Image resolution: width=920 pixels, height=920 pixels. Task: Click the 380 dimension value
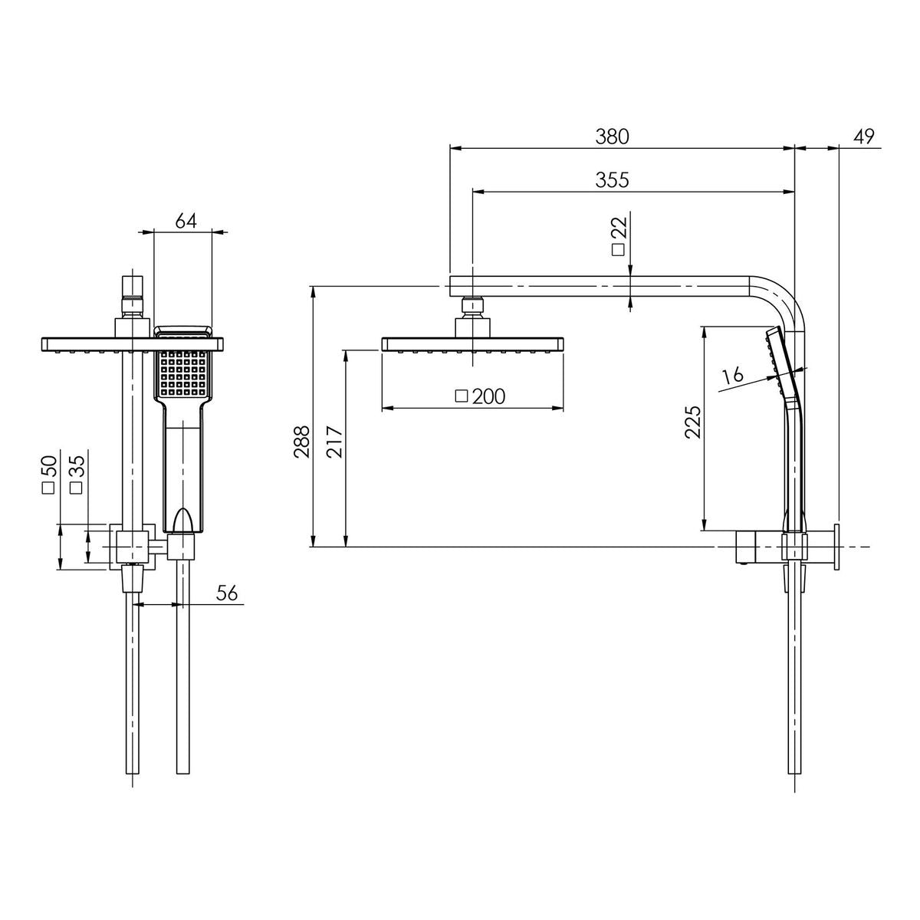(x=612, y=136)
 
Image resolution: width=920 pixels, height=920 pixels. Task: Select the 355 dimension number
(x=612, y=180)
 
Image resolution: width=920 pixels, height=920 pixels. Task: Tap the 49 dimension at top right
(x=863, y=136)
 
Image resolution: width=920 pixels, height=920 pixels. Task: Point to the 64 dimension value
(x=186, y=221)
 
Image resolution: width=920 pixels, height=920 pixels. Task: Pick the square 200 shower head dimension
(x=480, y=396)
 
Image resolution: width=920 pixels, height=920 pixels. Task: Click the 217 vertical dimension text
(x=334, y=442)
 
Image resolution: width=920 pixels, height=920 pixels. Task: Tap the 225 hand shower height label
(x=692, y=421)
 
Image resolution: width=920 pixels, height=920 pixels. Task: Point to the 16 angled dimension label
(x=733, y=375)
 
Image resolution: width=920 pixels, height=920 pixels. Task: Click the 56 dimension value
(x=227, y=593)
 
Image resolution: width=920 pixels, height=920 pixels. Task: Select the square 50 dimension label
(x=49, y=475)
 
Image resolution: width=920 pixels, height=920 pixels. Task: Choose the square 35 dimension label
(x=75, y=475)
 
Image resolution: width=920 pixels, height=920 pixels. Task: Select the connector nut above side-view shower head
(x=472, y=308)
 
